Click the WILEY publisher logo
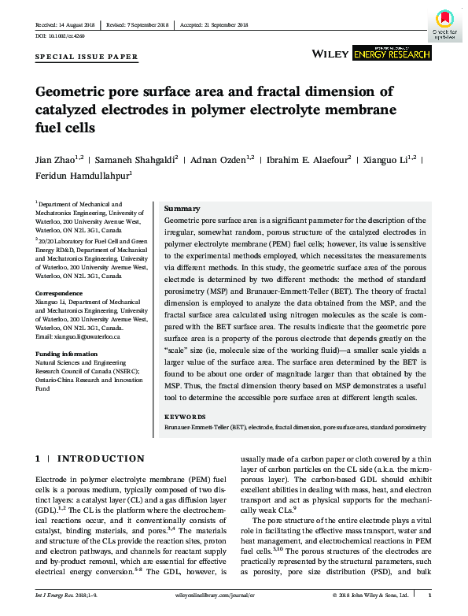(x=330, y=54)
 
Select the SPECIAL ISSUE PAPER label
(x=87, y=58)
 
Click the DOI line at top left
(x=60, y=36)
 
